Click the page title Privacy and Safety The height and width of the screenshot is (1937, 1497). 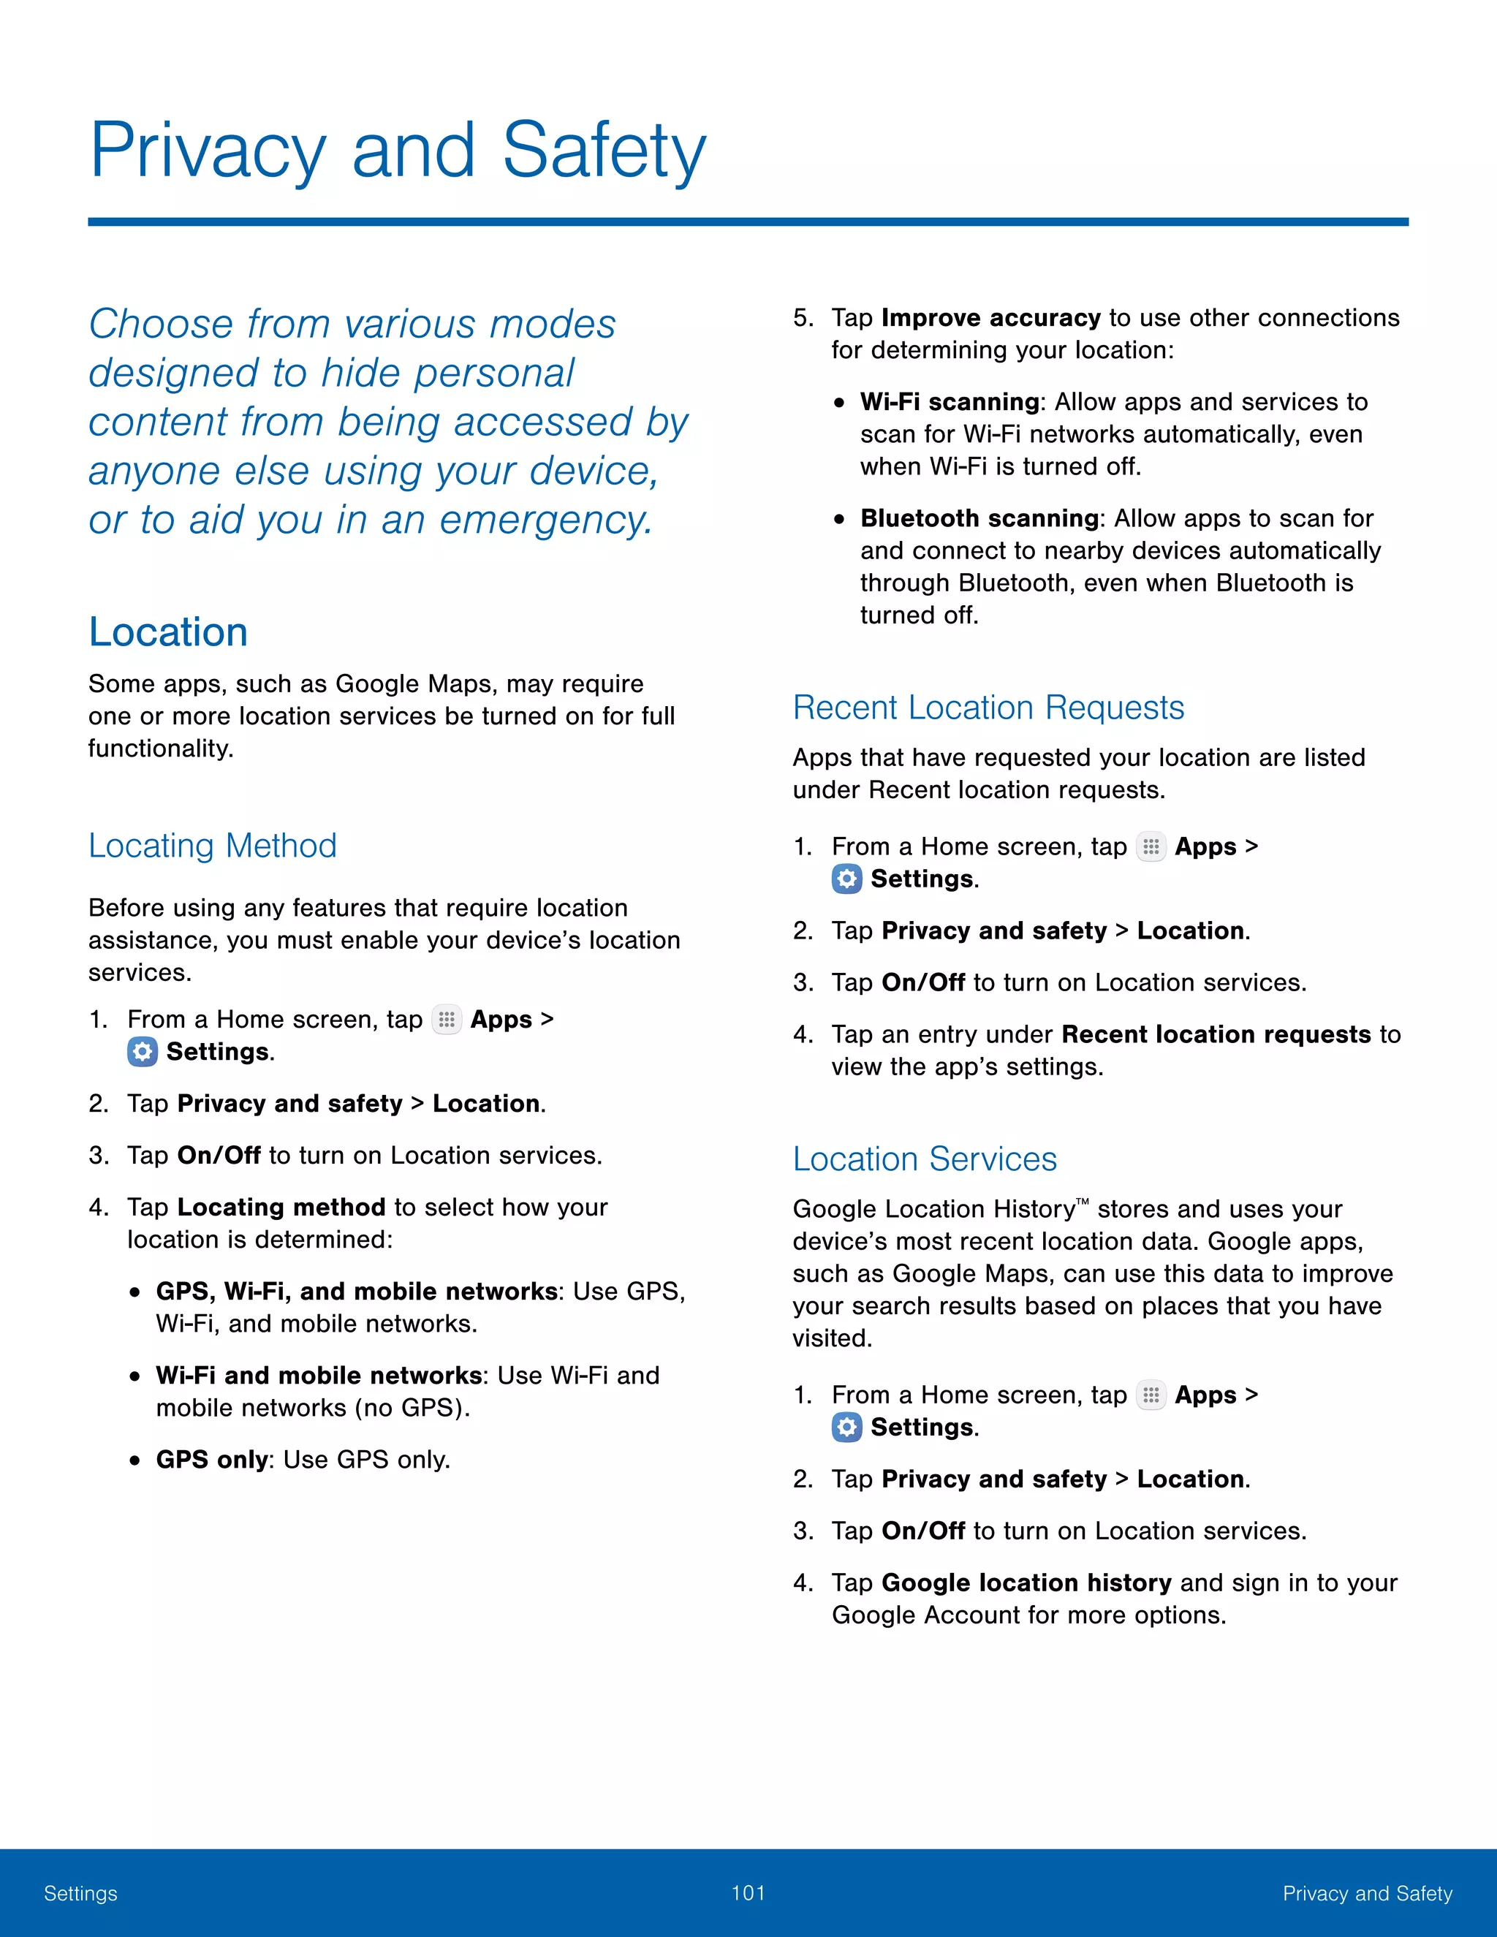[398, 150]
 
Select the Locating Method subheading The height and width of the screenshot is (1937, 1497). [213, 845]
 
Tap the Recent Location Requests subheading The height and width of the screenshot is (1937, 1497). [988, 708]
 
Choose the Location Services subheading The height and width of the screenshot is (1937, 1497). [924, 1159]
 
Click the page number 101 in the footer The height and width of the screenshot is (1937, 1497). [748, 1892]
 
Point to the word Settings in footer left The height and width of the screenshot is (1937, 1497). [80, 1894]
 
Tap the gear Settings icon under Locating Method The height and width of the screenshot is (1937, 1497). [142, 1052]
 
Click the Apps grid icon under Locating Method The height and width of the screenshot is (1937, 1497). [446, 1020]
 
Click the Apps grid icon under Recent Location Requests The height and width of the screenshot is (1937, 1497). [1151, 847]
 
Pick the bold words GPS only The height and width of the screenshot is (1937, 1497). [212, 1460]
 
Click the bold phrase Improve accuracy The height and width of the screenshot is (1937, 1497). [990, 317]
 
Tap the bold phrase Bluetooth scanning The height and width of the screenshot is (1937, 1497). [979, 518]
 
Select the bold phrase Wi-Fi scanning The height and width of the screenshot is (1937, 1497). [949, 402]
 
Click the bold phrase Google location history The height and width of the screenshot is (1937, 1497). [1026, 1583]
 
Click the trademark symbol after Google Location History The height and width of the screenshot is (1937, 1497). [1082, 1202]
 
